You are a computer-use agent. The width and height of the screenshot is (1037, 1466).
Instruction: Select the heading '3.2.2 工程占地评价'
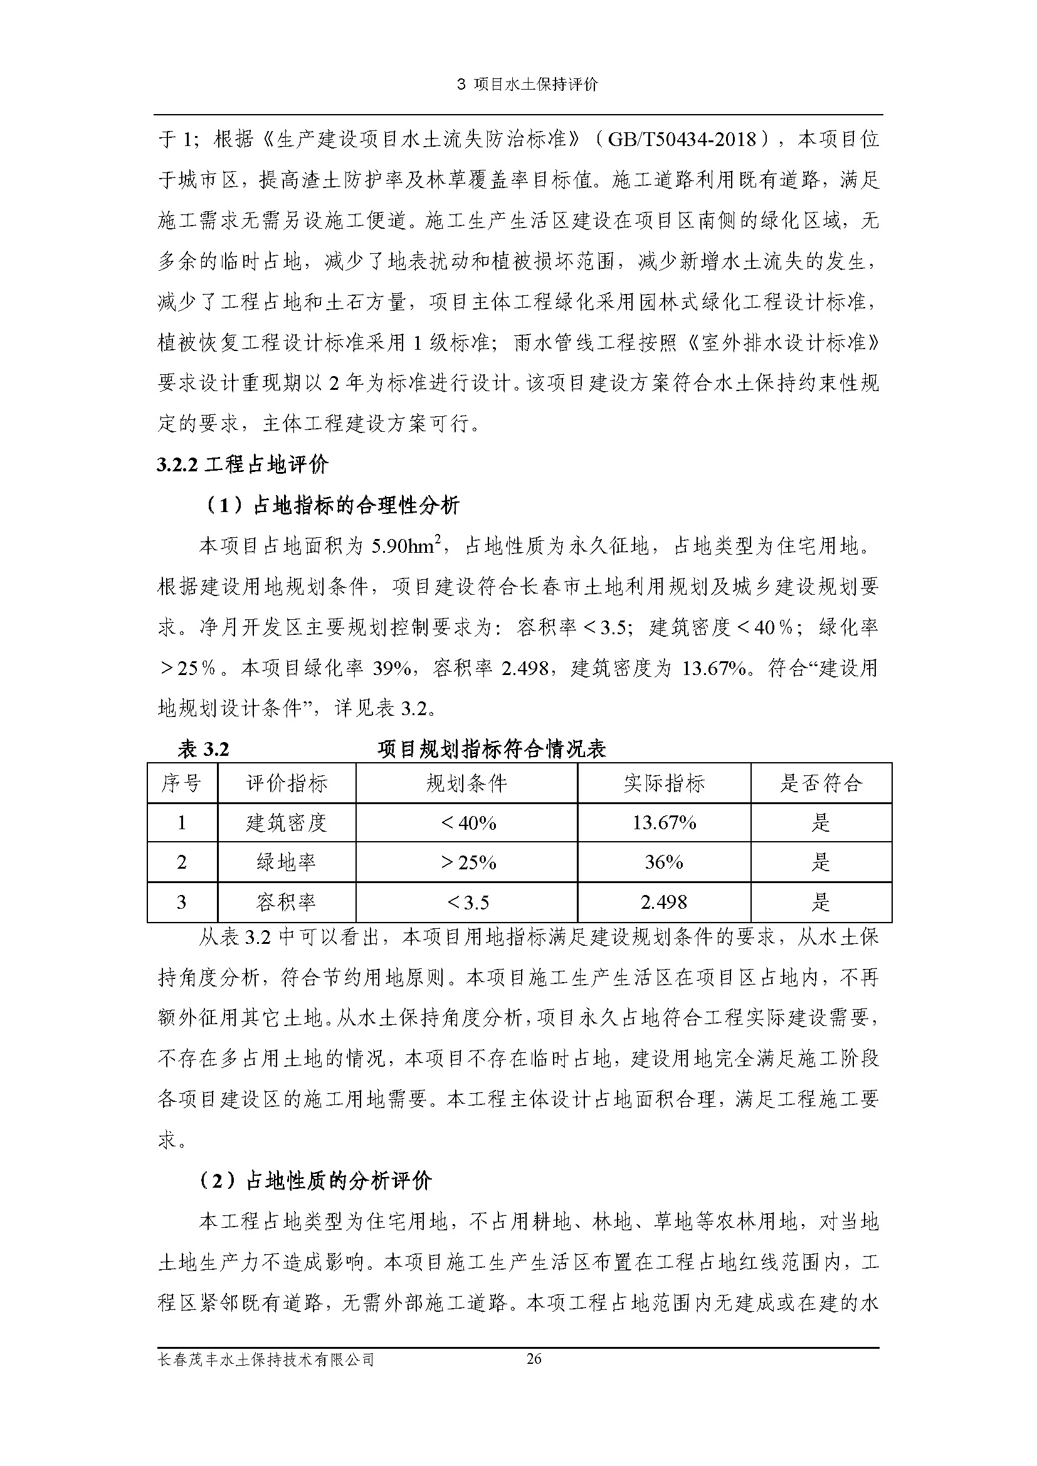click(x=243, y=464)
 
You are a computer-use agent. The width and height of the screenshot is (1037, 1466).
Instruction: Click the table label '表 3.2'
click(x=203, y=749)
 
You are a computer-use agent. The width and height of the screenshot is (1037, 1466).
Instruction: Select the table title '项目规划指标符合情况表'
click(x=491, y=749)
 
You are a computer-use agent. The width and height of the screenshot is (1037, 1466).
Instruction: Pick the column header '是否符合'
click(x=821, y=783)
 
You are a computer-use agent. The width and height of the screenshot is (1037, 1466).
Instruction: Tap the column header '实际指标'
click(x=664, y=783)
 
